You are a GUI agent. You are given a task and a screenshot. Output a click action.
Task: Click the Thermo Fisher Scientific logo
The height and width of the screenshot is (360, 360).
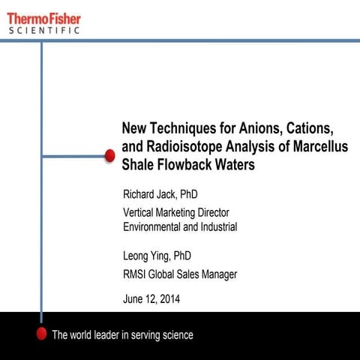[44, 22]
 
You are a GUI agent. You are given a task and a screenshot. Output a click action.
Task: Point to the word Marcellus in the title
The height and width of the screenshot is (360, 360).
[321, 146]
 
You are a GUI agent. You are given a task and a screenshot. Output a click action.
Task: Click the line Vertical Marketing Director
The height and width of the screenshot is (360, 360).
[175, 213]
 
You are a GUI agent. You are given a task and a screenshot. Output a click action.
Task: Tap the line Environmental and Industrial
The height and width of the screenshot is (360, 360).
[180, 226]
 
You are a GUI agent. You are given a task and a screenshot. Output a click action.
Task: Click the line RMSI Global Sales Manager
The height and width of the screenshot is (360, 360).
[180, 274]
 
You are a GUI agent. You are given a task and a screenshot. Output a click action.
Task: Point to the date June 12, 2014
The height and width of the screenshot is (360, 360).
[151, 300]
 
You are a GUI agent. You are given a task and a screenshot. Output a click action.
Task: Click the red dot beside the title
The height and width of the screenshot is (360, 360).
[109, 155]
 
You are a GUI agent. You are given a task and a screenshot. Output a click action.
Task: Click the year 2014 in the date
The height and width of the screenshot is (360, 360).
[167, 300]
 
